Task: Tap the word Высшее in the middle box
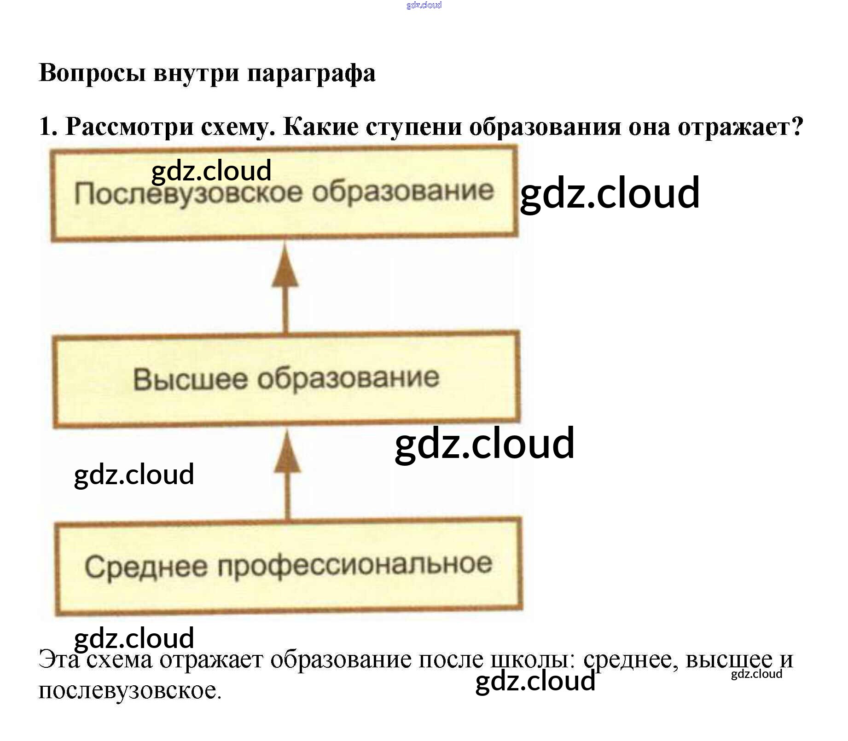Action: click(190, 379)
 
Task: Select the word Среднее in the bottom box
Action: click(145, 566)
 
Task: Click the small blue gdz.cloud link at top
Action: click(424, 5)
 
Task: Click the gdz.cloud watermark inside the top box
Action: click(211, 170)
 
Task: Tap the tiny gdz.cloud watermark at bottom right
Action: click(756, 674)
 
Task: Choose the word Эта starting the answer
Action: click(59, 660)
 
